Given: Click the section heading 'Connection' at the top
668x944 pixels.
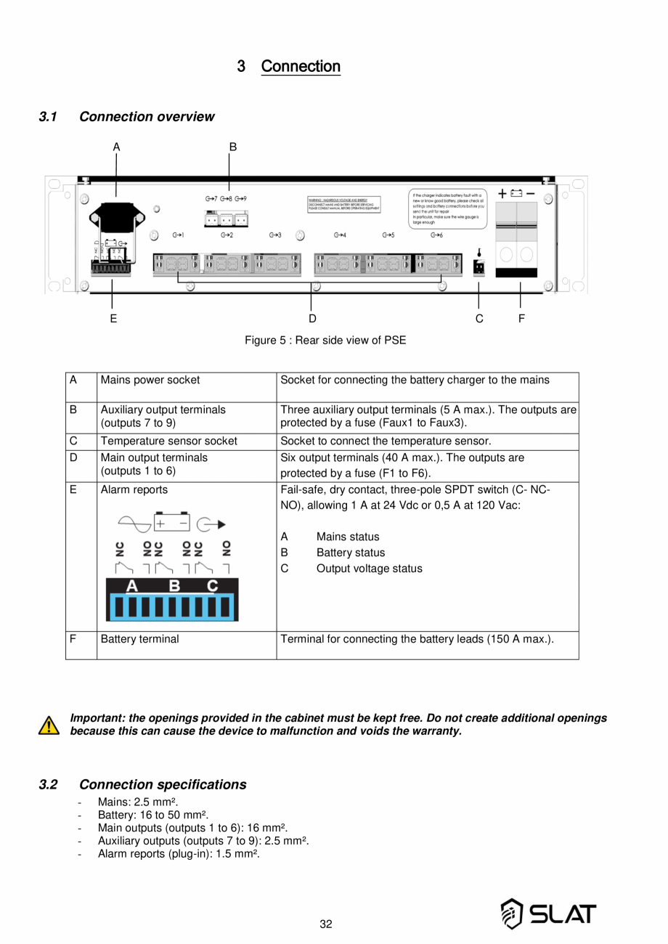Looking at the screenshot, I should pos(300,67).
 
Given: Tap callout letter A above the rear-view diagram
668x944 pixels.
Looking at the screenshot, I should pos(116,147).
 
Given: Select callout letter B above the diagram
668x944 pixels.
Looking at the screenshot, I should pos(232,147).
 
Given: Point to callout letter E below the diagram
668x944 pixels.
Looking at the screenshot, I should pos(114,318).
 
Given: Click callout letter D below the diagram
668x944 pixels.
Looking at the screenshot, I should pos(312,318).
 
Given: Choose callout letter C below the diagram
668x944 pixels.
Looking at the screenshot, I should pos(479,318).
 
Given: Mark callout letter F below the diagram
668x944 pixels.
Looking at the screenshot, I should pos(522,318).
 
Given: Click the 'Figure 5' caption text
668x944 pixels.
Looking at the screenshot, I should pos(325,340).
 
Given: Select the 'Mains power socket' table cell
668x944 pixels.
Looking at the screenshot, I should pos(150,380).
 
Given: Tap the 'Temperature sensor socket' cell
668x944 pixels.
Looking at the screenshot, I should pos(168,442).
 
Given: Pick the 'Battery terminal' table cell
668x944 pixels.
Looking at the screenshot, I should pos(139,639).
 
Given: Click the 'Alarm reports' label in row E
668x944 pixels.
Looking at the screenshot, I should pos(134,490).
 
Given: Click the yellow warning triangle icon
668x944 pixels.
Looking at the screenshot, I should pos(49,725).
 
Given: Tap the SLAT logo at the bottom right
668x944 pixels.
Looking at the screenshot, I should pos(549,914).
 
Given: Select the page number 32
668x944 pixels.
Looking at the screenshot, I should pos(326,924).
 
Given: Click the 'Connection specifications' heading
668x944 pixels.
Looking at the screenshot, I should pos(162,784).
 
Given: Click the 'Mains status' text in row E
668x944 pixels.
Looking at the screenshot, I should pos(347,537).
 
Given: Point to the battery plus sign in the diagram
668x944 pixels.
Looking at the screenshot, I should pos(502,193).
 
